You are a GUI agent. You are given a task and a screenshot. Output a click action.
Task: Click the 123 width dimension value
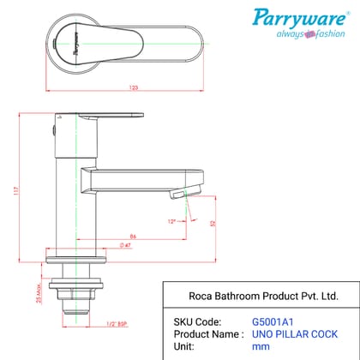click(x=111, y=87)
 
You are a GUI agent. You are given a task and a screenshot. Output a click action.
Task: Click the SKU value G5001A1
click(x=272, y=322)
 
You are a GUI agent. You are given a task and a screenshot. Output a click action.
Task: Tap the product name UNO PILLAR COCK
click(x=295, y=333)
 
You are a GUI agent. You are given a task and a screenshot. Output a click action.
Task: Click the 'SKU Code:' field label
click(x=194, y=322)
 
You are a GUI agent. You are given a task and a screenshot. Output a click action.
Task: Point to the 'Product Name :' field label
click(x=206, y=333)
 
